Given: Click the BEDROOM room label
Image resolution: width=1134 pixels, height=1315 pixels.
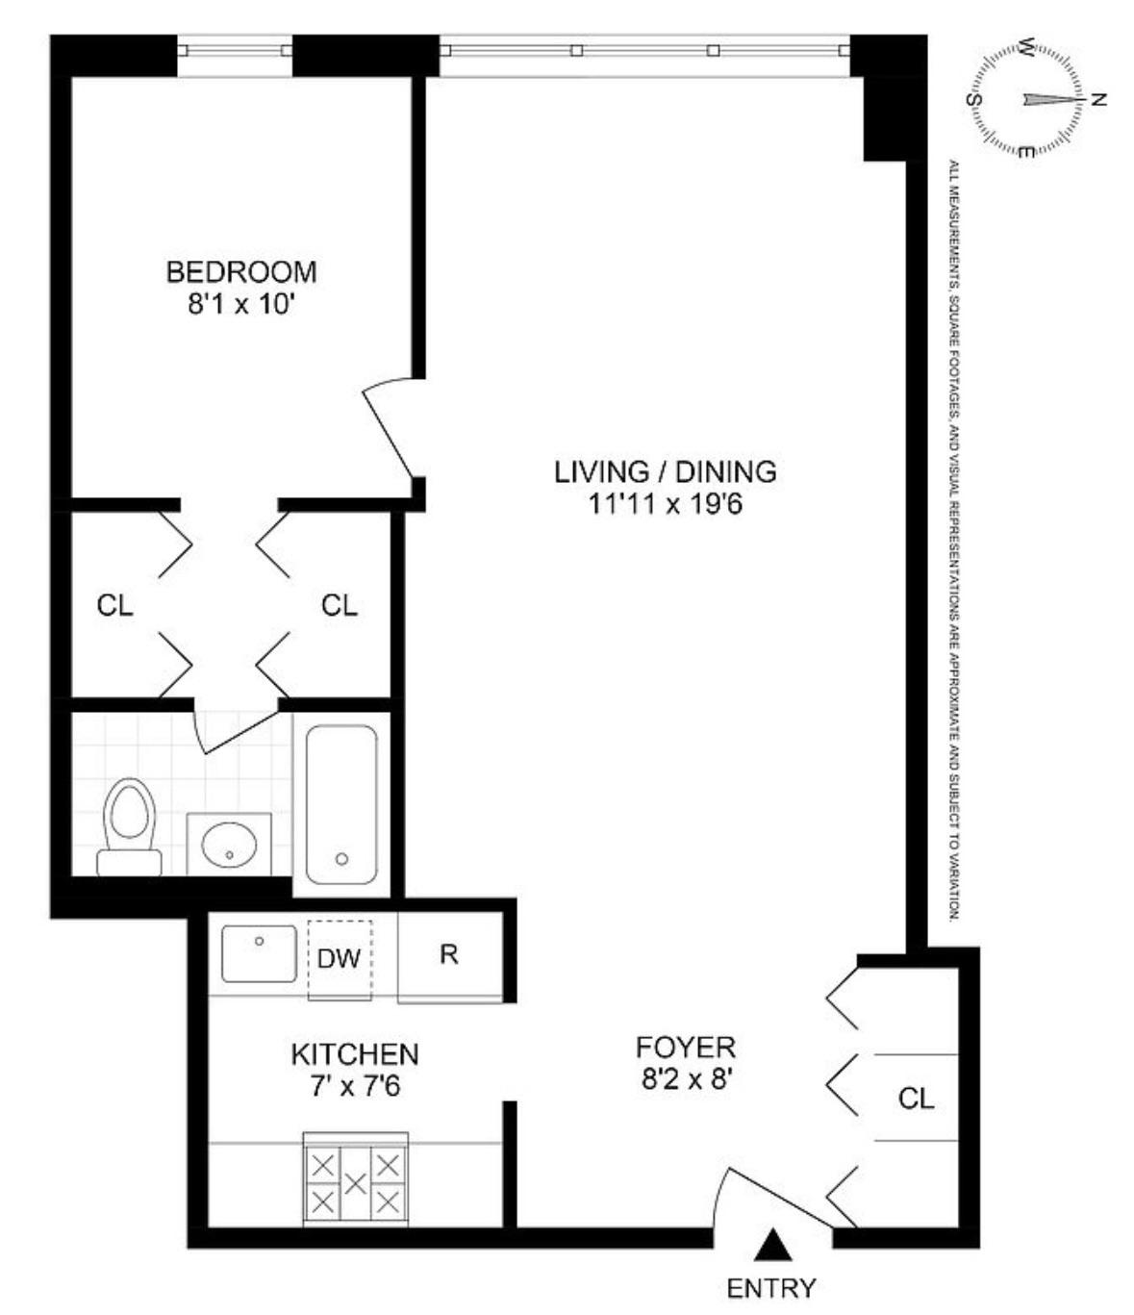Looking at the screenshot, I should pos(241,272).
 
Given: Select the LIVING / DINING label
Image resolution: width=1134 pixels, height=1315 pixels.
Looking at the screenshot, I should pos(665,471).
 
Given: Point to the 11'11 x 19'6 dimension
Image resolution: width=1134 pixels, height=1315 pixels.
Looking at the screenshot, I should pos(665,503).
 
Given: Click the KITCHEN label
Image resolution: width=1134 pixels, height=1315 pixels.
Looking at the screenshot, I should pos(354,1054).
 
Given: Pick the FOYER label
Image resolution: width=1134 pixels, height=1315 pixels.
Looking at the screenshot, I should pos(685,1047).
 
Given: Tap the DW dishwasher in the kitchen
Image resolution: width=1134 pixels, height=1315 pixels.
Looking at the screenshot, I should pos(339,958).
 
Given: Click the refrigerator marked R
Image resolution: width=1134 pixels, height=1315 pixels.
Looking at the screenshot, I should pos(448,954).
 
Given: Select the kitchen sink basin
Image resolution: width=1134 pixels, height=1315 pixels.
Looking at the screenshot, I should pos(259,953).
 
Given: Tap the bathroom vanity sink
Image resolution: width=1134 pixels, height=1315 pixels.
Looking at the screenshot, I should pos(229,845).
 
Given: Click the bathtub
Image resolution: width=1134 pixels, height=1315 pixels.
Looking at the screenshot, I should pos(341,804).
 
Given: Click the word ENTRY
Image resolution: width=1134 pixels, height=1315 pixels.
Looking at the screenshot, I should pos(771,1287).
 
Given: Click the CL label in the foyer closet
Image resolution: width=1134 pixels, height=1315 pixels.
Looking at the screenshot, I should pos(916,1098).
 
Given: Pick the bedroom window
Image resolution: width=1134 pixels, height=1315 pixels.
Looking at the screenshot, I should pos(234,50).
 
